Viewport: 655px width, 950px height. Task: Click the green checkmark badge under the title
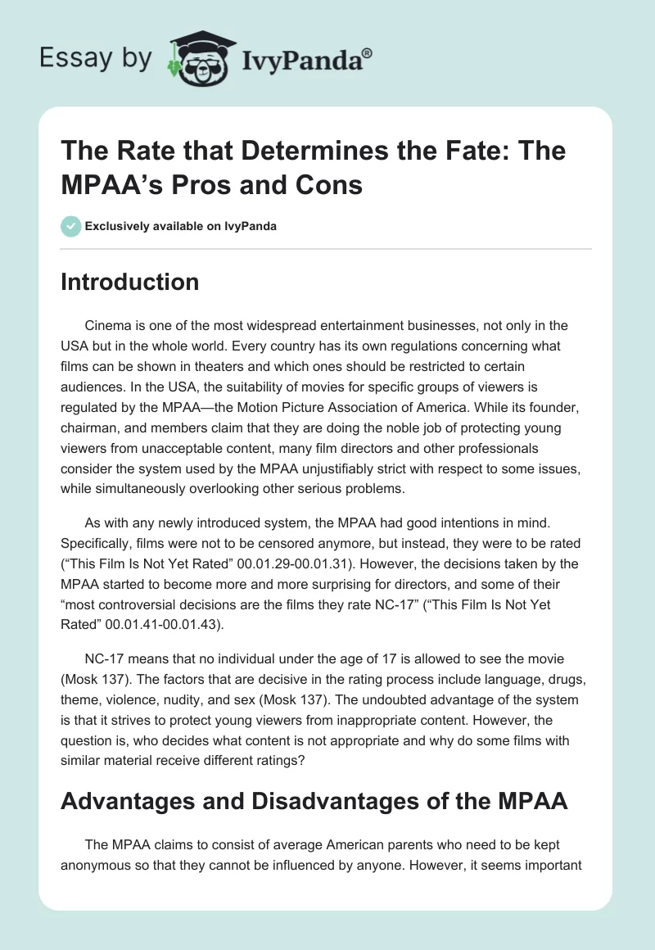[70, 226]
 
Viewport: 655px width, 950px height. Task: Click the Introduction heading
[130, 282]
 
